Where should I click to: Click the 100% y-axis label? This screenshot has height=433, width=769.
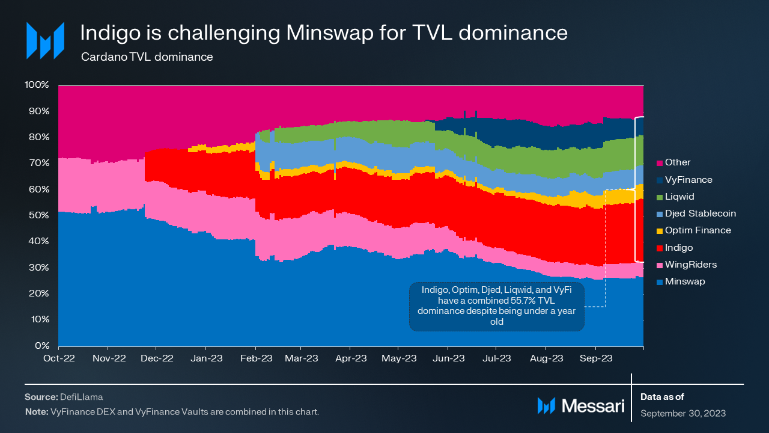[37, 85]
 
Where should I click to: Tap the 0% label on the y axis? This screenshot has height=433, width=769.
[42, 346]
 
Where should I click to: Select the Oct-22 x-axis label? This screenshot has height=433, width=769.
[58, 358]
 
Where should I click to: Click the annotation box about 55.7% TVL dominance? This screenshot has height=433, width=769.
[496, 306]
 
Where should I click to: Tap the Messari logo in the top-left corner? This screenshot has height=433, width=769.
[44, 40]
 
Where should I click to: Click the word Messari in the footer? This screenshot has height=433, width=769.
[592, 406]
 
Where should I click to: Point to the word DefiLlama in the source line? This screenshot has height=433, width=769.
[81, 398]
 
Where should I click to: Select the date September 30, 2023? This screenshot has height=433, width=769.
[682, 413]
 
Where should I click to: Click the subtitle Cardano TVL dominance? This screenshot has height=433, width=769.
[147, 57]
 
